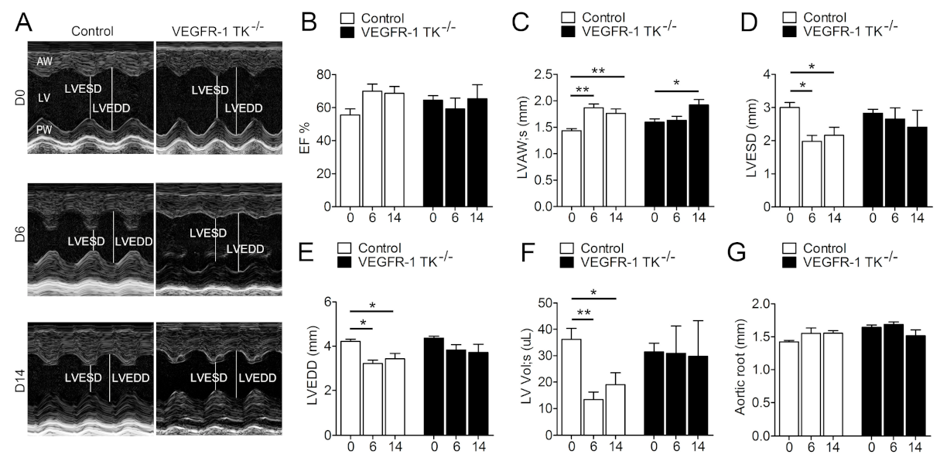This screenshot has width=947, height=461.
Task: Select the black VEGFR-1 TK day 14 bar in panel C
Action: click(x=698, y=155)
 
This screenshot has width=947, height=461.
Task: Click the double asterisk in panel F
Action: click(x=582, y=313)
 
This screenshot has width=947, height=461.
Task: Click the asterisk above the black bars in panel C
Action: click(x=675, y=82)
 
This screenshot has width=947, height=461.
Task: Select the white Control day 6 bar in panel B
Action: click(x=373, y=149)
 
